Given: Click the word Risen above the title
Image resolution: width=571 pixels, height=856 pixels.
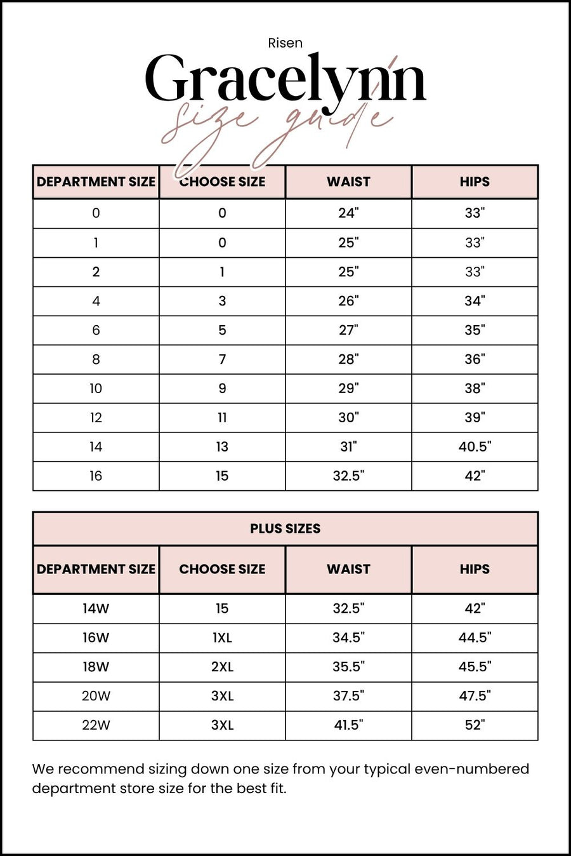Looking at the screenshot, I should [285, 43].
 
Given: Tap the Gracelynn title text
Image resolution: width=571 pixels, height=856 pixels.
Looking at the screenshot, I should [285, 79].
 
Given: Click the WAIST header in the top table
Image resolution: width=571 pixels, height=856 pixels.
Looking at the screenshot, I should [348, 182].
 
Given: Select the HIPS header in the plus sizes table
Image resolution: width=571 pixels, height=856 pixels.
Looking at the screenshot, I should [475, 569].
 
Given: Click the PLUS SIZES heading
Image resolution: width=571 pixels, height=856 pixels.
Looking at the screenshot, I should [285, 528].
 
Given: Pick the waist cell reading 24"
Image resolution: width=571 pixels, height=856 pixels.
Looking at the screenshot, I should [348, 213].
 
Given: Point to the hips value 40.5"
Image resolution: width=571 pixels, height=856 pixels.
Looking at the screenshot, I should [475, 447].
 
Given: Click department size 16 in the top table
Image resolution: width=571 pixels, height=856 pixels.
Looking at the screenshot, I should [96, 476].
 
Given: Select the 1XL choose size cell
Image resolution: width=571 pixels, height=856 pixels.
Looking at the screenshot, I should [222, 638].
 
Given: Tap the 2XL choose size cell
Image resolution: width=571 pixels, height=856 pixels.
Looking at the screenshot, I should [222, 667].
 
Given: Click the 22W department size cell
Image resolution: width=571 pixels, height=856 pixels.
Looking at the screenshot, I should [96, 725].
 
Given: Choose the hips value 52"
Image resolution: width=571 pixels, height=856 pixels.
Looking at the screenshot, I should [475, 725].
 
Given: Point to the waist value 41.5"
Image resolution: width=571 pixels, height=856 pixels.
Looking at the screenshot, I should [348, 725].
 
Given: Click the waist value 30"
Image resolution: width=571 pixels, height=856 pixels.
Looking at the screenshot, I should [348, 418].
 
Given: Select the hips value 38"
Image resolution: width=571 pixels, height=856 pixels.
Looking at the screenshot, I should [475, 389].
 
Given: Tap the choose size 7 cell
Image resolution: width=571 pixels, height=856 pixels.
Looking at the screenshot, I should [222, 359].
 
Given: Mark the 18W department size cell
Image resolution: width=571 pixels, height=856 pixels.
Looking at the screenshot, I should [96, 667].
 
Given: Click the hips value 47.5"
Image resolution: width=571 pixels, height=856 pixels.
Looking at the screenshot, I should [475, 696].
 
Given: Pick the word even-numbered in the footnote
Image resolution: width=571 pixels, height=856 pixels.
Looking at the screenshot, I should [471, 769].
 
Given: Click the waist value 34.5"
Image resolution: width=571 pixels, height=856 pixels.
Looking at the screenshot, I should [348, 638].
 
